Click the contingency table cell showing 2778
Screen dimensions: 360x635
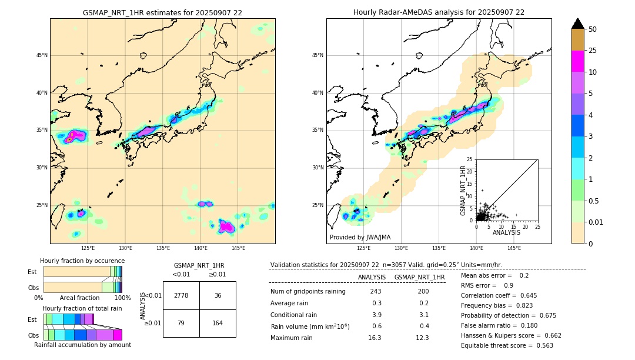click(181, 295)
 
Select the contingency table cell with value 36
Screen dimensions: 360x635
click(218, 295)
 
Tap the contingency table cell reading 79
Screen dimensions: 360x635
click(181, 323)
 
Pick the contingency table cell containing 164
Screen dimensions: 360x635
click(218, 323)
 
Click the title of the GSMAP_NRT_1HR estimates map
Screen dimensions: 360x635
click(162, 12)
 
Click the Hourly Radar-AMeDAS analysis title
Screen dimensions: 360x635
click(439, 12)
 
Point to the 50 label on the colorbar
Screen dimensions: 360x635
click(593, 29)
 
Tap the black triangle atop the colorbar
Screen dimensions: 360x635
click(577, 24)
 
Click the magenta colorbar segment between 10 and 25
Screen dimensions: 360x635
click(577, 61)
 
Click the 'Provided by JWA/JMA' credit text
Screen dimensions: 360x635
click(360, 237)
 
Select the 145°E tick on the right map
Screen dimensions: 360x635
click(514, 248)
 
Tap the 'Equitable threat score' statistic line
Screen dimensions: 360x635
click(507, 345)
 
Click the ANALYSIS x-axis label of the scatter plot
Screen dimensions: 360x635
click(506, 232)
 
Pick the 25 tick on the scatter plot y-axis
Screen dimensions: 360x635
click(470, 159)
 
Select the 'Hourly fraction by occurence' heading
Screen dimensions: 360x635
click(82, 261)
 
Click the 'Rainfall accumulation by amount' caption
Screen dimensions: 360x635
click(82, 345)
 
